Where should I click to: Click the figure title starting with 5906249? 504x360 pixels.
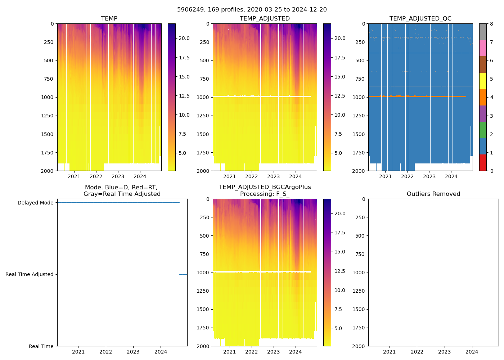(252, 10)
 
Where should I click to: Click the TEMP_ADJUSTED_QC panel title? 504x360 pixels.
(420, 19)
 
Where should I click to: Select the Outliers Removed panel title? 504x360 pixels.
(433, 194)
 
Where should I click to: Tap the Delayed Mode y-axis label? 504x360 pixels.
(36, 203)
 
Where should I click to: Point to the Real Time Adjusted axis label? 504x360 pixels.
(30, 274)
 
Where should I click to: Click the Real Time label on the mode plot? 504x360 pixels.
(41, 346)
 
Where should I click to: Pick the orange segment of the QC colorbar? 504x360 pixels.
(483, 97)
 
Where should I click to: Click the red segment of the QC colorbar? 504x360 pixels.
(483, 163)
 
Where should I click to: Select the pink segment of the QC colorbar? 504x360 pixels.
(483, 48)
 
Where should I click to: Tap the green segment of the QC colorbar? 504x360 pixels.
(483, 130)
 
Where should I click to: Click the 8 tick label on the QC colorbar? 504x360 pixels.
(491, 24)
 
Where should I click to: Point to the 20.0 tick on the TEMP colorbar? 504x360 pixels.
(184, 39)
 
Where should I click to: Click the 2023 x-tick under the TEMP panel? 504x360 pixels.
(118, 176)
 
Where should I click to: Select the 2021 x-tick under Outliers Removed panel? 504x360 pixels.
(389, 352)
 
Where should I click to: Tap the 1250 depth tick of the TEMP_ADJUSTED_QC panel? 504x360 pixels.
(359, 116)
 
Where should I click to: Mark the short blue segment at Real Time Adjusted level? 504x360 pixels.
(183, 274)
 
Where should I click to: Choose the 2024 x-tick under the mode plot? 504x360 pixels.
(161, 352)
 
